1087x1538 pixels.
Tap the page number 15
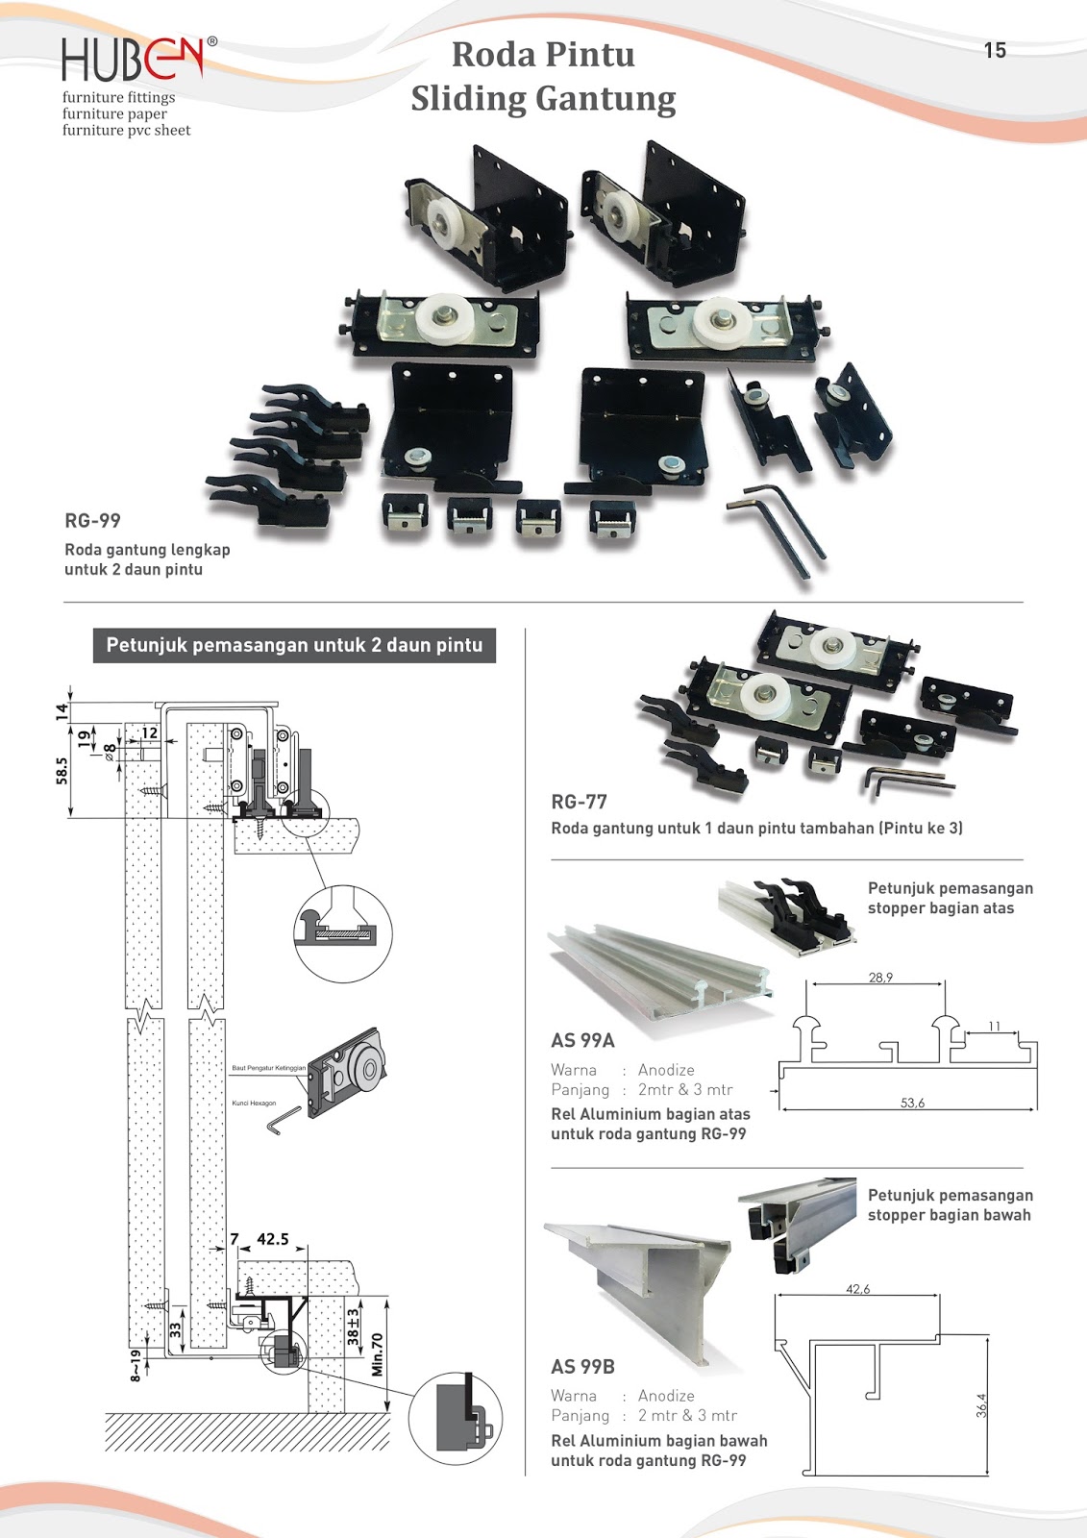coord(995,50)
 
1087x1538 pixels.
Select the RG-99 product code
coord(92,521)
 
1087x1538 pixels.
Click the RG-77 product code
coord(579,802)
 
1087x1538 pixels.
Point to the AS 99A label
coord(582,1040)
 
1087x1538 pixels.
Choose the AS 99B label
coord(582,1366)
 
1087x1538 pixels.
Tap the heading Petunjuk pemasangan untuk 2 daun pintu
coord(294,645)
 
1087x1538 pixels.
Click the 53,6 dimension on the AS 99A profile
coord(912,1103)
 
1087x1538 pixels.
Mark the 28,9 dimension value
coord(880,978)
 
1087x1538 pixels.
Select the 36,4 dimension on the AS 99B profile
coord(980,1405)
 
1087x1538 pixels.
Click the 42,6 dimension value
coord(857,1289)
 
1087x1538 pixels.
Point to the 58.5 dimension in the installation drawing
coord(62,771)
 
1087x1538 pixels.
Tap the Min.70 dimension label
coord(378,1353)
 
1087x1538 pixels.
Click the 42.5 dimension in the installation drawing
coord(272,1239)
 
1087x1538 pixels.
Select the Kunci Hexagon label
coord(254,1104)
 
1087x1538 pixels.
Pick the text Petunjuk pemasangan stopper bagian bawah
coord(950,1204)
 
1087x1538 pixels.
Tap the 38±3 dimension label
coord(353,1326)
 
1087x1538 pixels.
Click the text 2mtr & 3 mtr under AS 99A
coord(684,1089)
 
